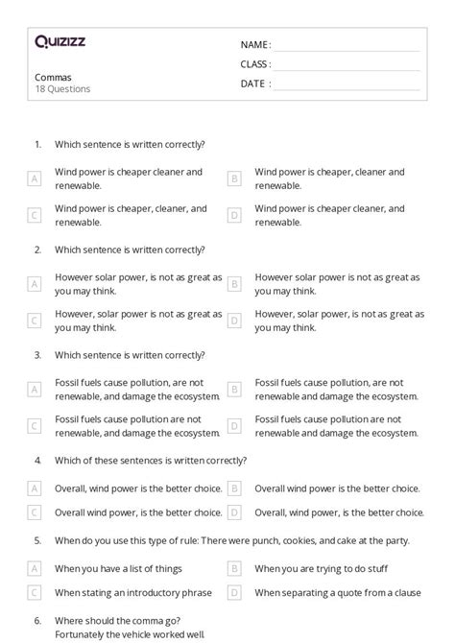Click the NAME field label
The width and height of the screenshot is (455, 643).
(x=255, y=45)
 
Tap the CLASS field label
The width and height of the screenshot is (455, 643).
(x=255, y=64)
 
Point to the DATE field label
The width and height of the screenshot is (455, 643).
(x=254, y=83)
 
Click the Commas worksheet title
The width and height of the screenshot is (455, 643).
(x=52, y=77)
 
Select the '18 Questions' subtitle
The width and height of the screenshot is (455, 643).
(x=63, y=89)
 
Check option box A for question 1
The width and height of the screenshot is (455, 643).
(x=35, y=179)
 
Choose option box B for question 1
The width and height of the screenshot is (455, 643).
(x=234, y=179)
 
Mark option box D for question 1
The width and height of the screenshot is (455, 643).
(x=234, y=215)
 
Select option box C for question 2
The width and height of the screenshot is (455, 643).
(x=35, y=321)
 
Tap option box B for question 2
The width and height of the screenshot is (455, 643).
(x=234, y=284)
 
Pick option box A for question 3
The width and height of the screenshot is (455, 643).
(x=35, y=389)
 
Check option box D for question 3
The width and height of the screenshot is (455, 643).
(x=234, y=425)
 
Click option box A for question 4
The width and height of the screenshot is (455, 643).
(x=35, y=488)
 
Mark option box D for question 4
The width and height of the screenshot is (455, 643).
(x=234, y=512)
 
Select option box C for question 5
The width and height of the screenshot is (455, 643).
(x=35, y=593)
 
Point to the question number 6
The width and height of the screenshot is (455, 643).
(x=37, y=620)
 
